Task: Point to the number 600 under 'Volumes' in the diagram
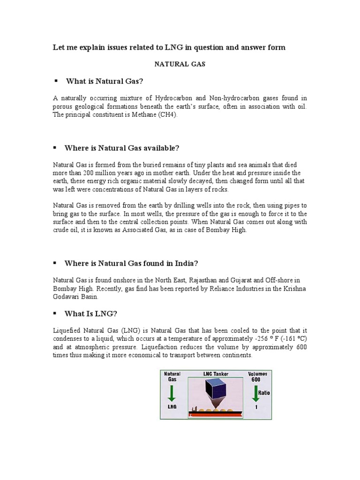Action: (x=255, y=379)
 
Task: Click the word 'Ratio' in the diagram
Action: (x=263, y=389)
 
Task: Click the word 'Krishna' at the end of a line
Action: (x=295, y=288)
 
